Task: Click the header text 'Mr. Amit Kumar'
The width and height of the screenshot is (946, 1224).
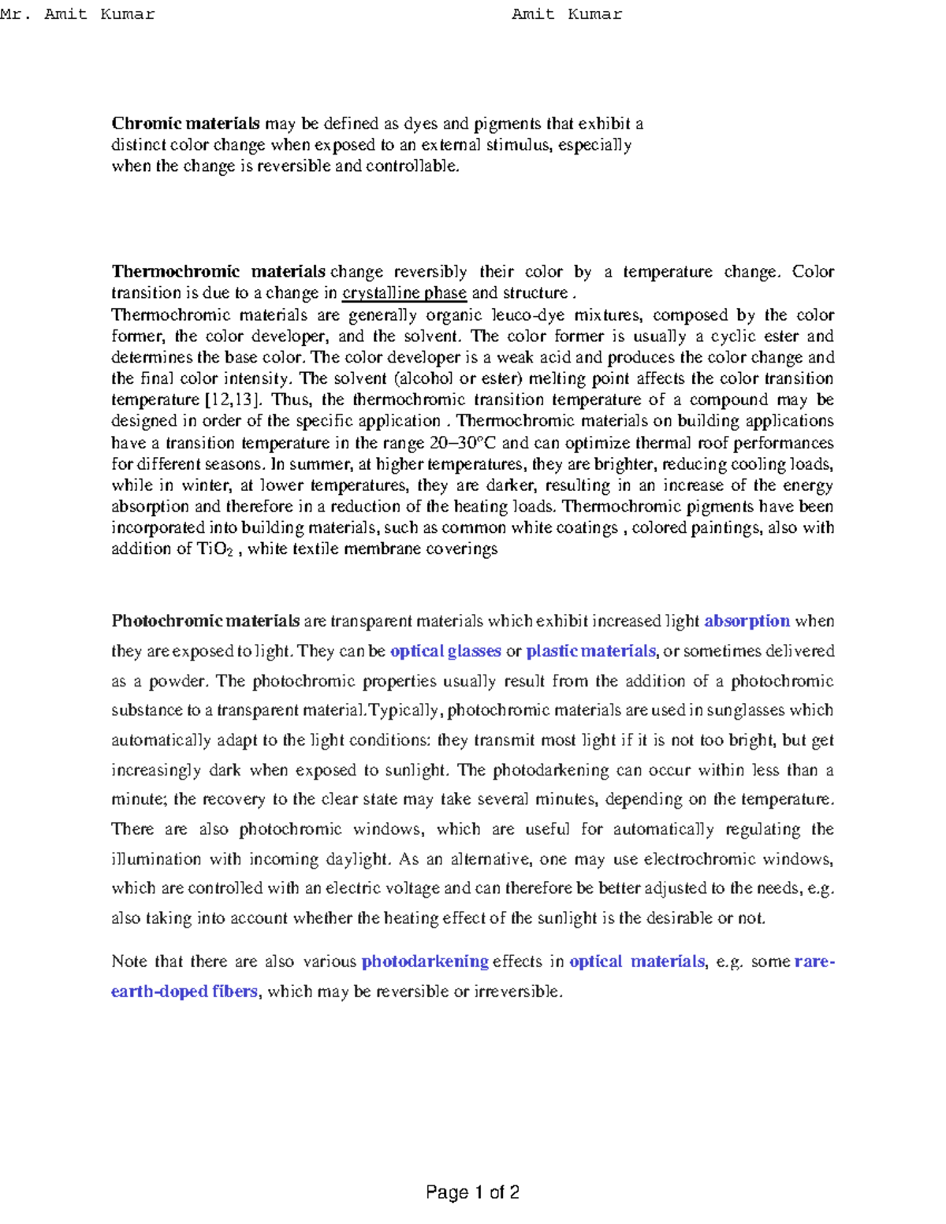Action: (77, 14)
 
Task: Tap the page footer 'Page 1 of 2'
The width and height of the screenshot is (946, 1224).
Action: (472, 1192)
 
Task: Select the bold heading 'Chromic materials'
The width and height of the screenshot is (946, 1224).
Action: (185, 124)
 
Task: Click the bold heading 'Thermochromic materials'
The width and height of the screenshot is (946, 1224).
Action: (218, 272)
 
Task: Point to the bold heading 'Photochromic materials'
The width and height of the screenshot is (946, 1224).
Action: (205, 621)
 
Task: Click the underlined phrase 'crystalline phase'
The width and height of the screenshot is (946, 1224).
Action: (404, 293)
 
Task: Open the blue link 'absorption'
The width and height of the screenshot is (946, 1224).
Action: (747, 621)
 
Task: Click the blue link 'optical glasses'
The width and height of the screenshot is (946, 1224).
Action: (445, 651)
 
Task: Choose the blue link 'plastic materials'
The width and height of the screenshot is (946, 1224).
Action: (590, 651)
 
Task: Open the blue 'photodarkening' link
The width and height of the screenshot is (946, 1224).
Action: (425, 962)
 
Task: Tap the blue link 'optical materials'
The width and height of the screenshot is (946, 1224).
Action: (636, 962)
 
